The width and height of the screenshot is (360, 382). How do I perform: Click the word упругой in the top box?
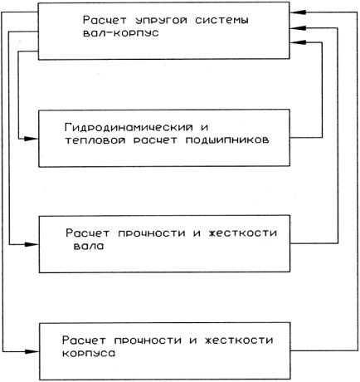coord(162,21)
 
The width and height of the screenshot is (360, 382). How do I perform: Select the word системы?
coord(221,20)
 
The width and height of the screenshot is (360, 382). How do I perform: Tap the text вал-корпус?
coord(121,33)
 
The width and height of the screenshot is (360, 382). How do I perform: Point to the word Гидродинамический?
coord(129,128)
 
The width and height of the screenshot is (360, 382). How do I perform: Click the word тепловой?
coord(95,140)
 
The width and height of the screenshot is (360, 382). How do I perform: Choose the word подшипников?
coord(227,140)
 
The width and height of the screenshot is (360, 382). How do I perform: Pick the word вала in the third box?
coord(89,246)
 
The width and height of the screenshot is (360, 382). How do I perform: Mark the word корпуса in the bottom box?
coord(89,354)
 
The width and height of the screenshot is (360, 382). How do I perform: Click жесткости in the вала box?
coord(242,233)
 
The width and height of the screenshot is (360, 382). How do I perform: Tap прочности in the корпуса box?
coord(148,340)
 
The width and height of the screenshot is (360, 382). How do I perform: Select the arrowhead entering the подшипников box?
coord(32,139)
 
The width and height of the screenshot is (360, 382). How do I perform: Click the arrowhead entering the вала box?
coord(32,244)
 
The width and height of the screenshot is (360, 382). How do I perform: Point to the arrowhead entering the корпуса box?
coord(32,351)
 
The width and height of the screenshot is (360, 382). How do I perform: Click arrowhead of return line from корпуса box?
coord(297,12)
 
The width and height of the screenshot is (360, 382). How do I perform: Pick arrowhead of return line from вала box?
coord(297,27)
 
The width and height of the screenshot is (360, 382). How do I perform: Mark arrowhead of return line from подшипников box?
coord(297,42)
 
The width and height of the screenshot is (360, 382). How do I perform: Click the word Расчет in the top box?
coord(105,20)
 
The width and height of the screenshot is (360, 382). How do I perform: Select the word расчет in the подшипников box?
coord(155,140)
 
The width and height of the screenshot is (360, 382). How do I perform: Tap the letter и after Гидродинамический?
coord(204,128)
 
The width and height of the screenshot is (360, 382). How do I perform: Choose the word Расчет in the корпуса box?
coord(84,340)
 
